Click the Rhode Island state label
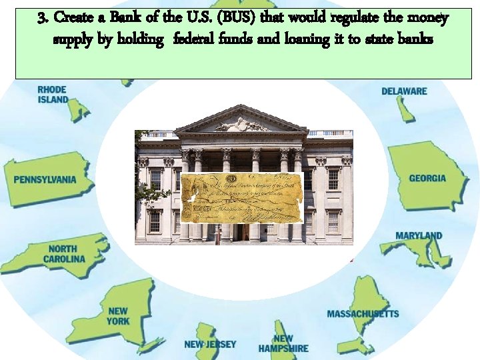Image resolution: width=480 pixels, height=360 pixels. [53, 95]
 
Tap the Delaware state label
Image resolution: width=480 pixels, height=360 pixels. [404, 91]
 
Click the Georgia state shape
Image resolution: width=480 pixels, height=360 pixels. [427, 175]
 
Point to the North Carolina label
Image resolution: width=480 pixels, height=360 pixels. [66, 254]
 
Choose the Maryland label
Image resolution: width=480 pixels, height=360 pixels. [419, 236]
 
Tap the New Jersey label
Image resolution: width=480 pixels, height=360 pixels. [210, 345]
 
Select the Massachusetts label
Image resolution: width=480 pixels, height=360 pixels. [363, 313]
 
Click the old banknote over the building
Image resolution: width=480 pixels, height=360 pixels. [241, 197]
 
